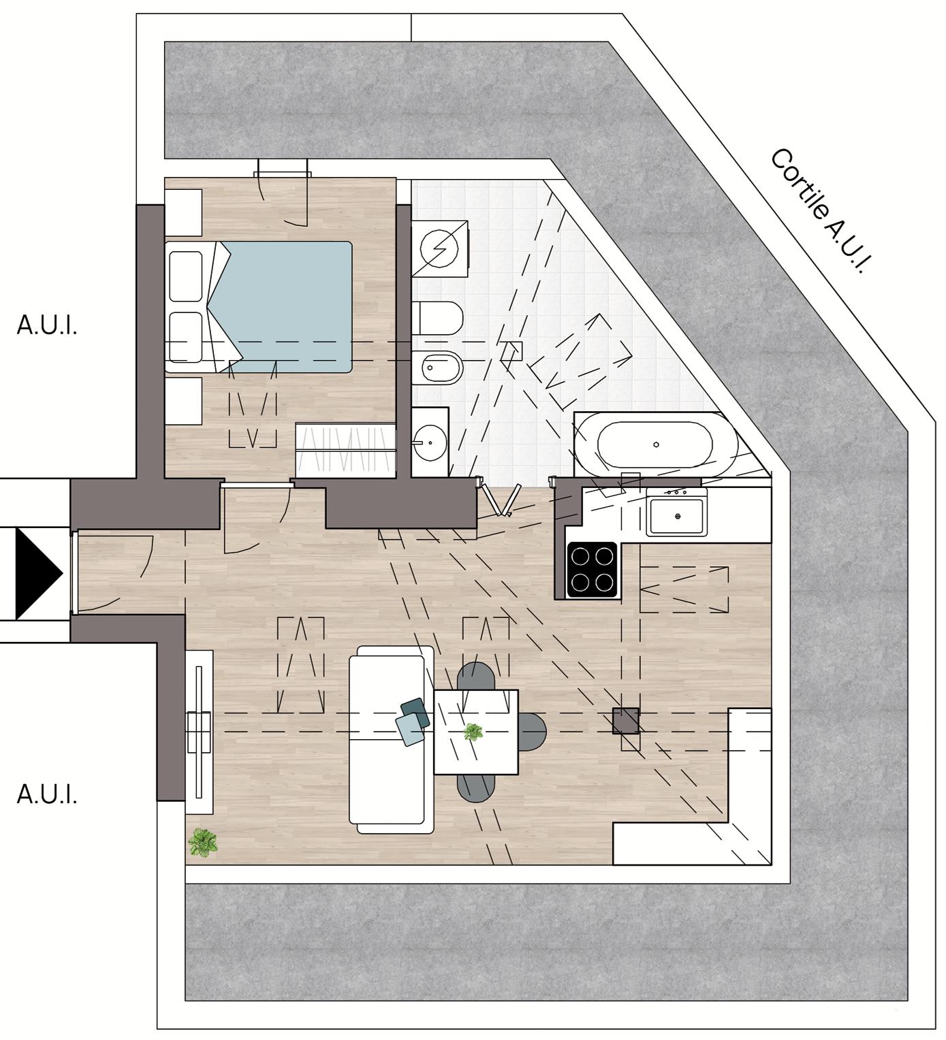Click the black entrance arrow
pos(37,573)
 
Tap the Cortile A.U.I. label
pos(821,211)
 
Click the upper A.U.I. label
pos(46,326)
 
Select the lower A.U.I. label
pos(46,794)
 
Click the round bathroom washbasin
pos(429,442)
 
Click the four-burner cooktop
pos(592,570)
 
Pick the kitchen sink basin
pos(678,517)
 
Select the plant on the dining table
pos(473,733)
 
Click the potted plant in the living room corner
pos(202,843)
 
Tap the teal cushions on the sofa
pos(413,720)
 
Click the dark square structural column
pos(625,721)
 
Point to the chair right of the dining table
pos(533,732)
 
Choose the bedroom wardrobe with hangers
pos(346,449)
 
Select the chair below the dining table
pos(476,787)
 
